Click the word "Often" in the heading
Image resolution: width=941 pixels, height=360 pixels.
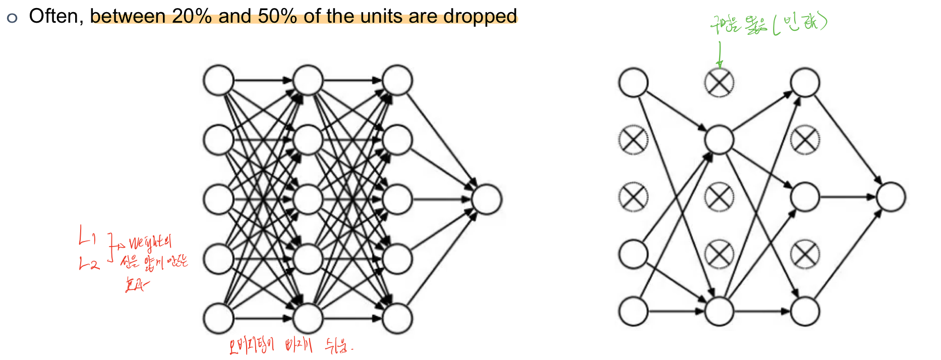click(53, 16)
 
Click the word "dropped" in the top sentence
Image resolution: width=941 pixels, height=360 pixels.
click(480, 16)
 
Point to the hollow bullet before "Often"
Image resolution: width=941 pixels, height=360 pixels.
click(12, 18)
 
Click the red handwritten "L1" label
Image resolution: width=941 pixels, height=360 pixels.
click(86, 235)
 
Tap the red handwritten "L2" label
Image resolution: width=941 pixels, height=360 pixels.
click(89, 263)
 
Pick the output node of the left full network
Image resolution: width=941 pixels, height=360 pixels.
click(487, 199)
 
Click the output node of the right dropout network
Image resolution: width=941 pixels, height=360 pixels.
click(891, 197)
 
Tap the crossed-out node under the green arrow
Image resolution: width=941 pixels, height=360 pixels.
click(719, 83)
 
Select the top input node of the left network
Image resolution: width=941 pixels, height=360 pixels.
click(218, 80)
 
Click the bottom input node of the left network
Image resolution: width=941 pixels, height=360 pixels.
click(218, 318)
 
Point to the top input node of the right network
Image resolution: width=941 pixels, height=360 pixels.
click(633, 83)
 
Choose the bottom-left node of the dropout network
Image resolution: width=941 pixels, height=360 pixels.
click(633, 311)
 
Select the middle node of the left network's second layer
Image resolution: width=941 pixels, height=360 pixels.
click(308, 199)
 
